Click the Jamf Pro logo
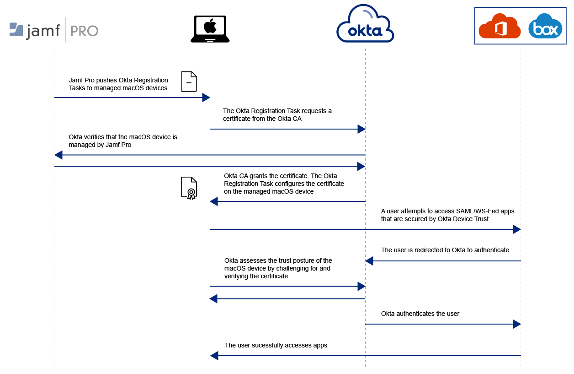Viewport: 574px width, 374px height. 54,30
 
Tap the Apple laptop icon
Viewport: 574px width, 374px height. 210,28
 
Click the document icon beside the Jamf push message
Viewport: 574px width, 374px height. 189,81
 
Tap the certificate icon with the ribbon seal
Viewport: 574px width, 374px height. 189,188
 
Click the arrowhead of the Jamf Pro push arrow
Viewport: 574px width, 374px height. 206,98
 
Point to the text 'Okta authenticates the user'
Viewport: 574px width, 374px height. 420,314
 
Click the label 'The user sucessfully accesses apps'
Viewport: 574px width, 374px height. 276,345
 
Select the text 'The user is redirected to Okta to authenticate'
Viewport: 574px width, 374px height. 445,250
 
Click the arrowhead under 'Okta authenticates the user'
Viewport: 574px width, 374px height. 517,324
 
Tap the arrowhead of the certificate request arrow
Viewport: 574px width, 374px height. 361,129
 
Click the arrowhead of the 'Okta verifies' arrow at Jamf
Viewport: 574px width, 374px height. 58,155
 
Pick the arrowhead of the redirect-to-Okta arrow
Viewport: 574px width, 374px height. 369,261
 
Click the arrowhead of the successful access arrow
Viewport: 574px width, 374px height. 213,356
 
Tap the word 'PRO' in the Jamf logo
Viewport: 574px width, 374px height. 84,31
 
